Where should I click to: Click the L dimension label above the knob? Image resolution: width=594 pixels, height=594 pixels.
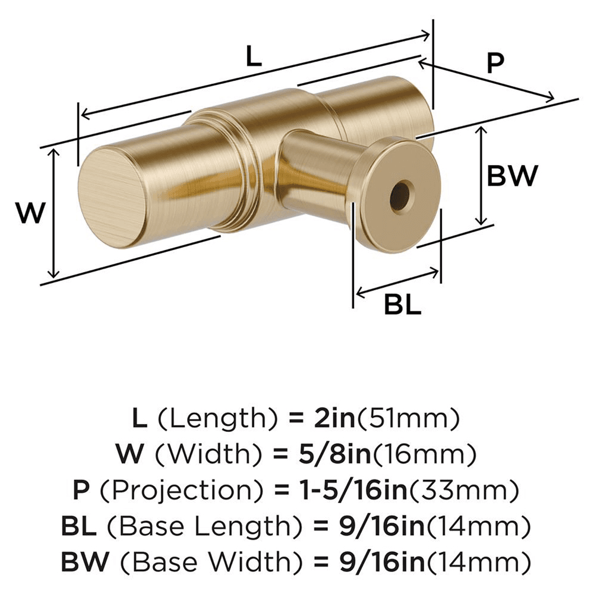click(x=253, y=58)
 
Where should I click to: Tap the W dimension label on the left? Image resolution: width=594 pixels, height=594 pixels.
click(x=30, y=213)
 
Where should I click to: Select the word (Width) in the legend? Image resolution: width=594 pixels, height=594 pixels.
click(x=201, y=456)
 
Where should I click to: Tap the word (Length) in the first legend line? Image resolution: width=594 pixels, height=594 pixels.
click(x=217, y=420)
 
